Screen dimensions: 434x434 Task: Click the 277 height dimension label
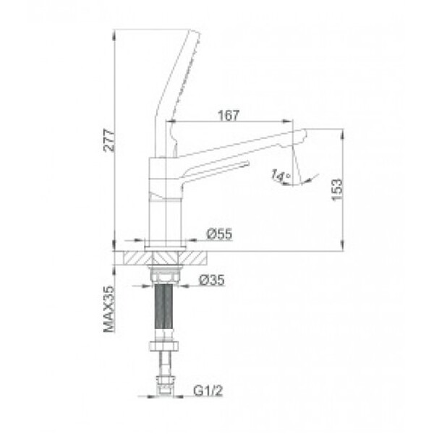pos(109,140)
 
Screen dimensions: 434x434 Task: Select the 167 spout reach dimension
pos(229,116)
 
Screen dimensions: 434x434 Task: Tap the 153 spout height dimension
pos(337,190)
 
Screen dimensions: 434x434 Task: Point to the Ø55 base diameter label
pos(219,234)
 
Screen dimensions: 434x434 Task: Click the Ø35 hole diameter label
pos(212,280)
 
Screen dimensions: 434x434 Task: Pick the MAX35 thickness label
pos(109,309)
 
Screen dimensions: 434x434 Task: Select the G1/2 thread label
pos(208,391)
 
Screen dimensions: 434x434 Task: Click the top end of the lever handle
pos(195,32)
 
